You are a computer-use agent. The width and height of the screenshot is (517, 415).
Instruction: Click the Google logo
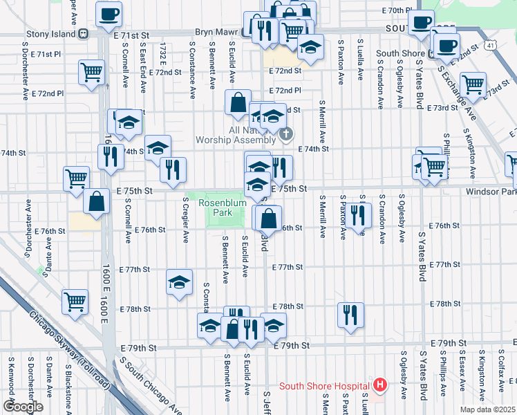click(x=23, y=407)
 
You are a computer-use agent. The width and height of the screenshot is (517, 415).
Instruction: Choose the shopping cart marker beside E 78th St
click(x=75, y=301)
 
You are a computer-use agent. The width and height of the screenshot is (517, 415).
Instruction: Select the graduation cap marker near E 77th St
click(x=179, y=282)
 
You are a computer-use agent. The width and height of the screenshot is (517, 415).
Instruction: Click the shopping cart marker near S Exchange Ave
click(x=473, y=84)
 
